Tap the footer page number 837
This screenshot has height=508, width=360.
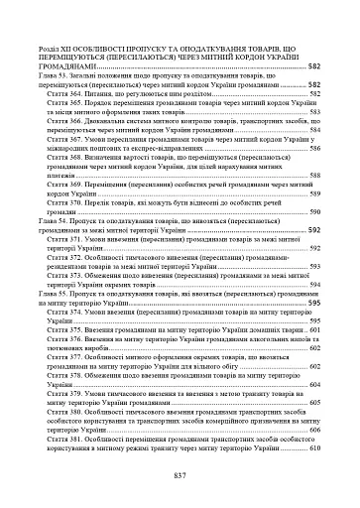(180, 475)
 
